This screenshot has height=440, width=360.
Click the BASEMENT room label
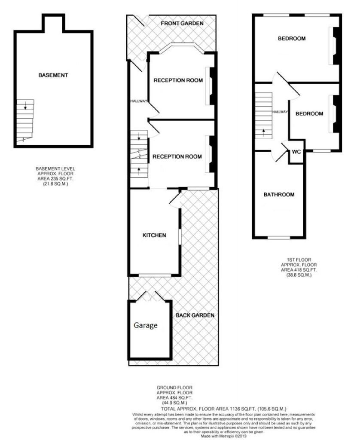pyautogui.click(x=53, y=75)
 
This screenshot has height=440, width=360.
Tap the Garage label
pyautogui.click(x=145, y=326)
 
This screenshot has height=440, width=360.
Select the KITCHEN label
pyautogui.click(x=154, y=235)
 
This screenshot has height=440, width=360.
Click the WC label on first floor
pyautogui.click(x=296, y=152)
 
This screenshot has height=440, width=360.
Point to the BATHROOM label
pyautogui.click(x=279, y=195)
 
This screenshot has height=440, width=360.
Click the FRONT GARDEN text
pyautogui.click(x=182, y=23)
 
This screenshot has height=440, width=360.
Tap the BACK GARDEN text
pyautogui.click(x=195, y=315)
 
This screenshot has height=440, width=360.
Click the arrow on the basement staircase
pyautogui.click(x=25, y=107)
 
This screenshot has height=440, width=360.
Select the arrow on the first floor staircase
pyautogui.click(x=263, y=132)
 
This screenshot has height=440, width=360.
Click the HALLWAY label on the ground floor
pyautogui.click(x=139, y=101)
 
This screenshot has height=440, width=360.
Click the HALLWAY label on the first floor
pyautogui.click(x=280, y=112)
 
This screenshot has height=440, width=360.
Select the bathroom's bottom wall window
pyautogui.click(x=279, y=238)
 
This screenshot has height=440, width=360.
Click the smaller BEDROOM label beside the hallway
pyautogui.click(x=309, y=113)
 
